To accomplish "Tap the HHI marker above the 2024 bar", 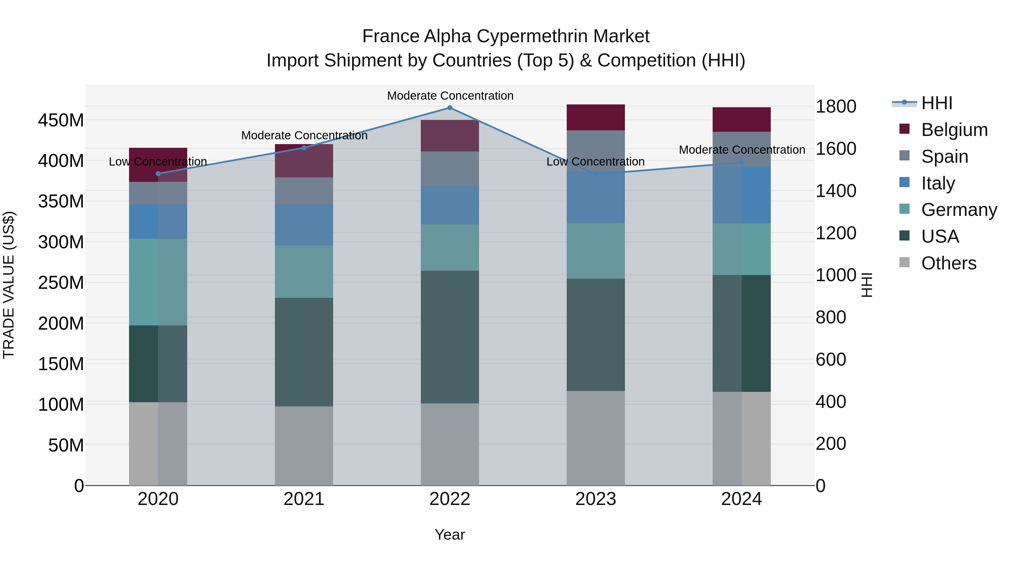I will tap(742, 162).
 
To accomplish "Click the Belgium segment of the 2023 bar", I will tap(596, 117).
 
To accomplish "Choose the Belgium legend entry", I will tap(954, 130).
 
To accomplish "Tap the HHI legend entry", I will tap(937, 103).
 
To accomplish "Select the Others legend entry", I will tap(948, 263).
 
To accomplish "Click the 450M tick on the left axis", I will tap(61, 120).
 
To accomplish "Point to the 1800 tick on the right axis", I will tap(836, 107).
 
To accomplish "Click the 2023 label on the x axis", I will tap(596, 499).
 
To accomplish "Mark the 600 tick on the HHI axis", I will tap(831, 359).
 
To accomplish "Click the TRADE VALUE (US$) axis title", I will tap(9, 285).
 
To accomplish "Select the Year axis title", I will tap(450, 535).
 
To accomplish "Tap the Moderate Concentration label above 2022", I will tap(450, 96).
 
